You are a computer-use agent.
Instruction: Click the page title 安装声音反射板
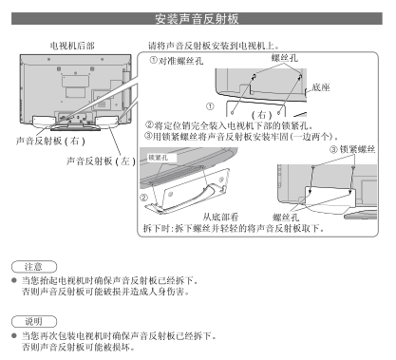click(x=197, y=19)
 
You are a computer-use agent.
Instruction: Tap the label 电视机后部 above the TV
click(x=72, y=46)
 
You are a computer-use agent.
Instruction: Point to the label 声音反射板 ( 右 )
click(x=50, y=141)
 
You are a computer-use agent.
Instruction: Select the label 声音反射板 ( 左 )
click(x=101, y=161)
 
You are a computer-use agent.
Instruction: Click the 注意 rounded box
click(x=34, y=267)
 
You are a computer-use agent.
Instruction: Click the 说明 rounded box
click(x=34, y=322)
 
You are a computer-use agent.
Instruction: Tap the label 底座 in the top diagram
click(x=321, y=87)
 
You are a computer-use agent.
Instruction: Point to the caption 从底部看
click(x=220, y=217)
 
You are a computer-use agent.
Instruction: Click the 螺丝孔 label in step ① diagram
click(x=285, y=58)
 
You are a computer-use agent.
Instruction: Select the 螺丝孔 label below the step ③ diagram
click(x=286, y=218)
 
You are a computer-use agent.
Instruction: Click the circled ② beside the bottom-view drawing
click(x=144, y=198)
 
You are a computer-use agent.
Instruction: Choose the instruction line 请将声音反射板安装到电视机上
click(x=214, y=46)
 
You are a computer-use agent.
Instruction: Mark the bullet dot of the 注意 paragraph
click(x=14, y=280)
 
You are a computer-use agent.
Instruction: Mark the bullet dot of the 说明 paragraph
click(x=14, y=335)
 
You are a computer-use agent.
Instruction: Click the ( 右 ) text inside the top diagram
click(x=261, y=115)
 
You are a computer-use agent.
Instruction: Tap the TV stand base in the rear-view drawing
click(x=75, y=127)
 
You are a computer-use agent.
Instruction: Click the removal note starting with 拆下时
click(x=234, y=228)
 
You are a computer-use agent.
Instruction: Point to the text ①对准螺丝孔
click(x=177, y=61)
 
